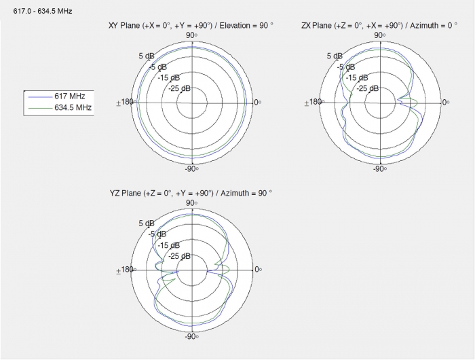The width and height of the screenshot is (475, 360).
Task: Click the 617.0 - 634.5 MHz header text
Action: [43, 12]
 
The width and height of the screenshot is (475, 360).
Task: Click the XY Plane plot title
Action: [191, 26]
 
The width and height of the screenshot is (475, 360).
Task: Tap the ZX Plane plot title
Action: [379, 26]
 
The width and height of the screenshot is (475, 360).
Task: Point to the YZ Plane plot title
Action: [191, 193]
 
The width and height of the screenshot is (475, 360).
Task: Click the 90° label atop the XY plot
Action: [192, 35]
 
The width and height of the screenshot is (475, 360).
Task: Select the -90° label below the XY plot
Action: [192, 168]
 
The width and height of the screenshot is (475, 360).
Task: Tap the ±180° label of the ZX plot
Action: [313, 102]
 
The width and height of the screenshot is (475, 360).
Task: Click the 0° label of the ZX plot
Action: [446, 103]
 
